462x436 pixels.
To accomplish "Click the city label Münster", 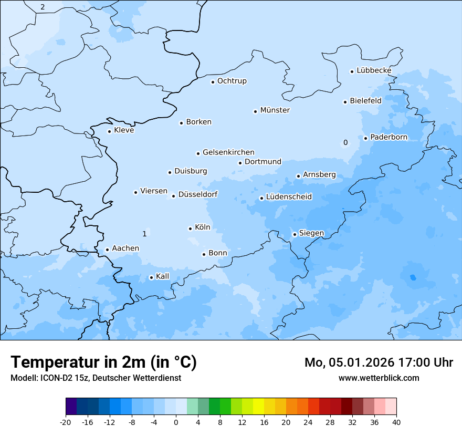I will [x=275, y=110].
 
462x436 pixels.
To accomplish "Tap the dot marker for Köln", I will [x=190, y=229].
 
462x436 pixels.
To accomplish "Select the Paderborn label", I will [x=388, y=137].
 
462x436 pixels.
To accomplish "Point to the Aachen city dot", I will [x=107, y=250].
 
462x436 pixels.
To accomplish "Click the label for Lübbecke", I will [x=374, y=70].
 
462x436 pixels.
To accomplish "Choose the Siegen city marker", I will [x=295, y=234].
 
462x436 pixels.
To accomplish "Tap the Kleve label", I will [x=124, y=130].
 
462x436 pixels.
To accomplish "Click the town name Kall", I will [x=163, y=276].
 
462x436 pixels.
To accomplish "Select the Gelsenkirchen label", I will [x=228, y=152].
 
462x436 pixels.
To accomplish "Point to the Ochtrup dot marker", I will [x=213, y=82].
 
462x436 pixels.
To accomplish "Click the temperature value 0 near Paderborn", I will [x=345, y=142].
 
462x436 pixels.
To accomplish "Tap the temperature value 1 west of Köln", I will [x=144, y=234].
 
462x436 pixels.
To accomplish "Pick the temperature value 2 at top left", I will [x=43, y=7].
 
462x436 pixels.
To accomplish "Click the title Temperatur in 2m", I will [x=103, y=362].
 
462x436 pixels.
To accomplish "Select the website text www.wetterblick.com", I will [x=379, y=378].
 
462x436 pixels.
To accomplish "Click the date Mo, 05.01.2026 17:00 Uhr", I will [x=379, y=362].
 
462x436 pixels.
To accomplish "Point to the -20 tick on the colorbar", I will [x=66, y=422].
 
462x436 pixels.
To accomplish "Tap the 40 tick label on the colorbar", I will [x=396, y=422].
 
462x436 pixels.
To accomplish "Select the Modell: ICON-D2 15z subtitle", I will [x=96, y=378].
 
